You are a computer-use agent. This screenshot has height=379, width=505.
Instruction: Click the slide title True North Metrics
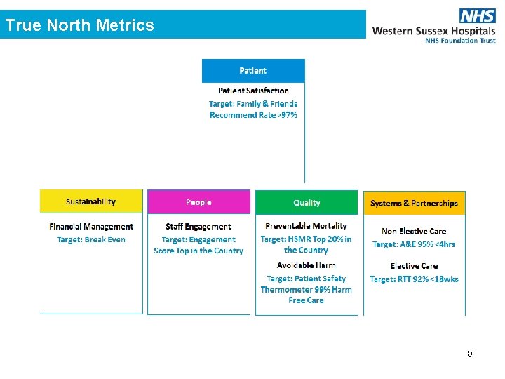coord(79,25)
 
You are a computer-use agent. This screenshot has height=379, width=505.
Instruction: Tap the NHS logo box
coord(478,16)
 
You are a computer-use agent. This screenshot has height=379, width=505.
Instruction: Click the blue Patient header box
coord(253,70)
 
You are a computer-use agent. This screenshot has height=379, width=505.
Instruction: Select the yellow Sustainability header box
coord(91,201)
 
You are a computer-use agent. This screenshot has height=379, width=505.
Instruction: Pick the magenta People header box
coord(198,202)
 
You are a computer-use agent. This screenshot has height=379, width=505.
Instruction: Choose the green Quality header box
coord(307,202)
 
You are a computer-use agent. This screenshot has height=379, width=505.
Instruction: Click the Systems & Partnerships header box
coord(414,203)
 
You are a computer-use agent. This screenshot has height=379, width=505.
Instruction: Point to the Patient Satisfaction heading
coord(253,91)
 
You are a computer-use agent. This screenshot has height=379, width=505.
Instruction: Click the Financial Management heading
coord(91,227)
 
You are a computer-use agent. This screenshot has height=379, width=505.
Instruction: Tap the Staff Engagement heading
coord(198,227)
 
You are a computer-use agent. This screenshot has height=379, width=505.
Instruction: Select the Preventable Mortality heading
coord(307,226)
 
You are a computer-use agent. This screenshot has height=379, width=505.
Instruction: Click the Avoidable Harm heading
coord(307,265)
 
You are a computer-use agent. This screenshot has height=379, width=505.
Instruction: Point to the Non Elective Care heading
coord(414,231)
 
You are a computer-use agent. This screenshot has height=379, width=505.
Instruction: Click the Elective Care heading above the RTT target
coord(414,266)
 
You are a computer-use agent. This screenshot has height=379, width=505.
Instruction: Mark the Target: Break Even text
coord(91,239)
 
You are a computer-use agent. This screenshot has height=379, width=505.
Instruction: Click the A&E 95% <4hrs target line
coord(414,244)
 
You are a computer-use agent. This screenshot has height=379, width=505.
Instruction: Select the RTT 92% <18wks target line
coord(414,279)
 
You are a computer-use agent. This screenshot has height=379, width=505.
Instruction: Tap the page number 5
coord(470,353)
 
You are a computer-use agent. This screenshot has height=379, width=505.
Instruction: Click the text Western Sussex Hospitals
coord(433,31)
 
